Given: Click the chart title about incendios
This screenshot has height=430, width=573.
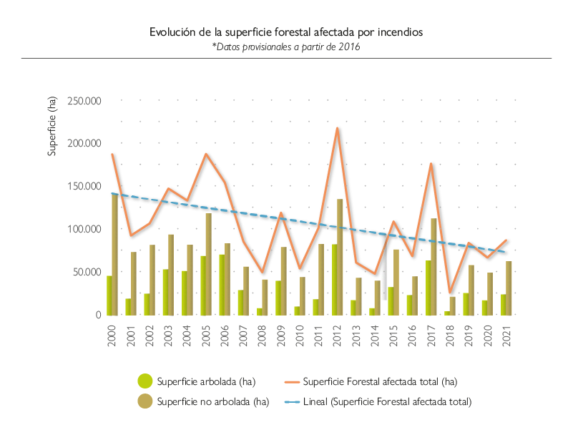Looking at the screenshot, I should [286, 32].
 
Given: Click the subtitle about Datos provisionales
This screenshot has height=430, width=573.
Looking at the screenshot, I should [285, 47].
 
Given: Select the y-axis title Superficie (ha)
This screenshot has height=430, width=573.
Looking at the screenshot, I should [52, 125].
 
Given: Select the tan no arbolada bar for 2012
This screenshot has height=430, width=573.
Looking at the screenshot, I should [341, 257].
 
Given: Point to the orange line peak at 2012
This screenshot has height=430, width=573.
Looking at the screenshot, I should [338, 128].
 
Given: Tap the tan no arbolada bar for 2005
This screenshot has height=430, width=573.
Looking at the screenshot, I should [209, 264].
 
